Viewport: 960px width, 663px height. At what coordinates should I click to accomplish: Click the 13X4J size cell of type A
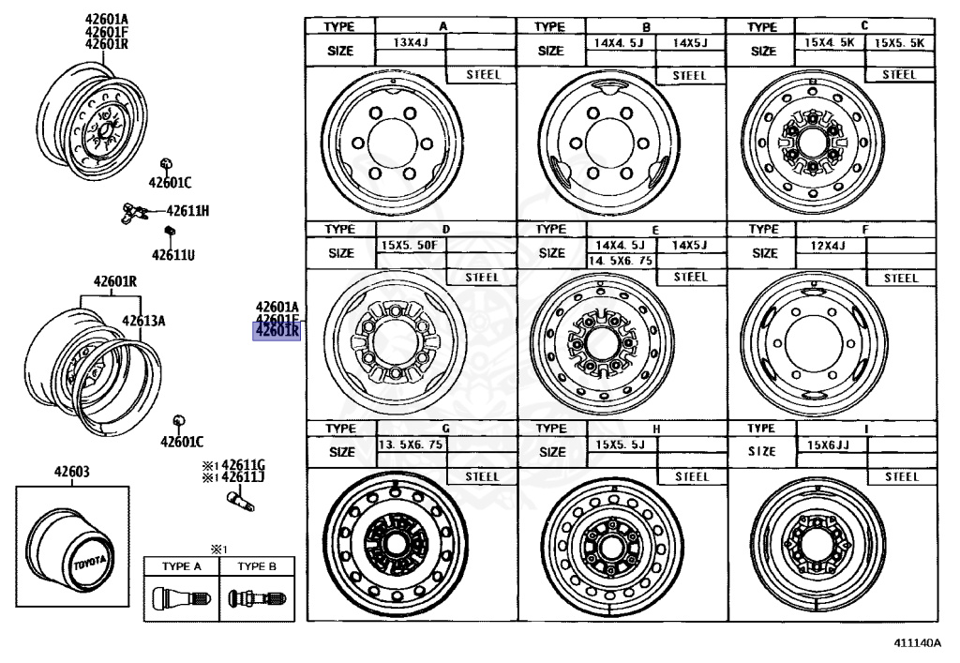point(411,42)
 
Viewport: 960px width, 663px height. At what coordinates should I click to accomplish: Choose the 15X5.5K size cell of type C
point(898,43)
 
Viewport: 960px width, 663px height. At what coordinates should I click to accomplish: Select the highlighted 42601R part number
point(277,330)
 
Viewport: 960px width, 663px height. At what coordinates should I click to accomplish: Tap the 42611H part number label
point(187,211)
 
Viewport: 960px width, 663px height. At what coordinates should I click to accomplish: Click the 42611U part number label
point(173,253)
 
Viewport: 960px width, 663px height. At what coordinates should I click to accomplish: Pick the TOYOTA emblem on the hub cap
point(91,561)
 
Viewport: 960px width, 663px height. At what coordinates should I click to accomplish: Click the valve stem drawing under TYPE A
point(180,596)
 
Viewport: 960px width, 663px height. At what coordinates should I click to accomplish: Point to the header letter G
point(445,428)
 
